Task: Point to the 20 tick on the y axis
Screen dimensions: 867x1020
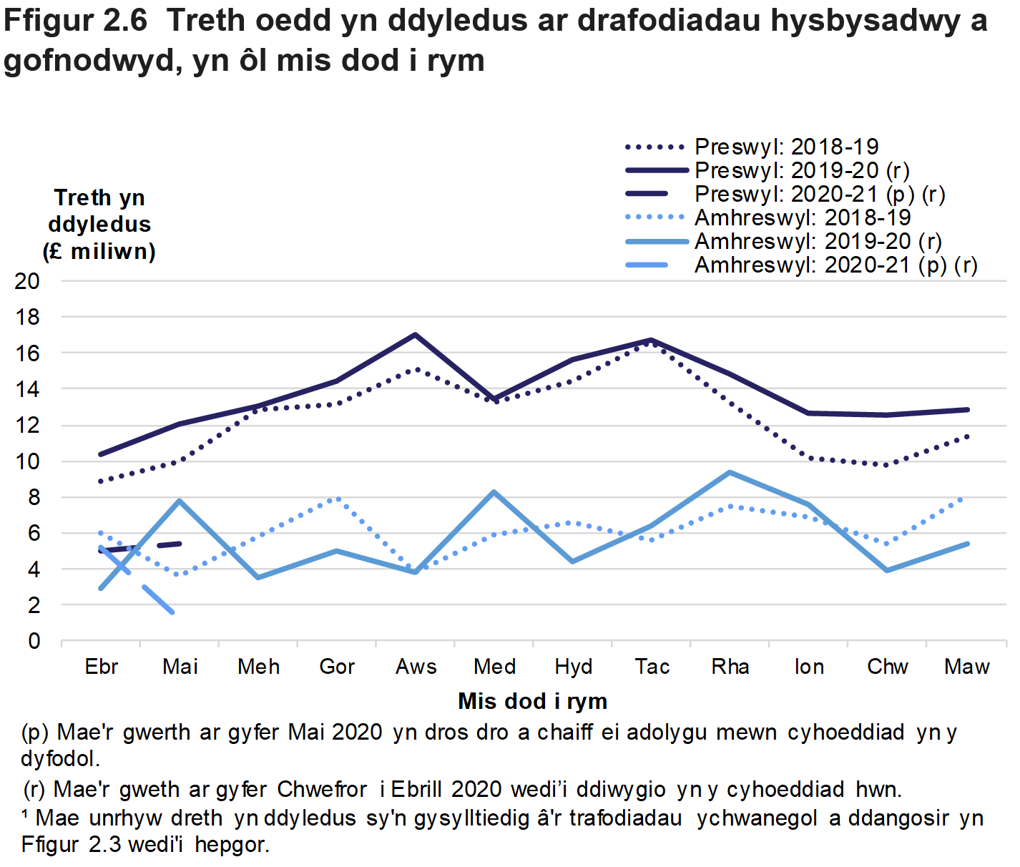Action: [27, 281]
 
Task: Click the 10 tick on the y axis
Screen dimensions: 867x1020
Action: [27, 461]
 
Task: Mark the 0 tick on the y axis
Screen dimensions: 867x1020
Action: [34, 641]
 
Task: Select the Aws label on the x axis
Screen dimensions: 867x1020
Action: [416, 667]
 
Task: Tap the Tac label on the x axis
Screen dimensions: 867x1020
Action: [652, 667]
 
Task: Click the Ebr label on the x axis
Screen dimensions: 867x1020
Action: [101, 667]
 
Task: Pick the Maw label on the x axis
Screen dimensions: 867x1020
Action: [966, 667]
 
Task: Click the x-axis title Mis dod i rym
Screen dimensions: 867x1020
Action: [532, 701]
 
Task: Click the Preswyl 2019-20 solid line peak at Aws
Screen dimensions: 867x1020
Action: [416, 335]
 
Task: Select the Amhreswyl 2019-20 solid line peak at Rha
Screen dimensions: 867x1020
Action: [730, 472]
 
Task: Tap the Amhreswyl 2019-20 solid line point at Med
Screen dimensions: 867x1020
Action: [494, 492]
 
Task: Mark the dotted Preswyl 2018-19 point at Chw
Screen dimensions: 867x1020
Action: [888, 465]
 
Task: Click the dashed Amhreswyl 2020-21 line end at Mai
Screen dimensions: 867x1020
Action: [172, 612]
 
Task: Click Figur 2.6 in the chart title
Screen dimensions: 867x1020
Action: [75, 21]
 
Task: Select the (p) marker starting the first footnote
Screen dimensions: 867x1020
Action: [35, 733]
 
